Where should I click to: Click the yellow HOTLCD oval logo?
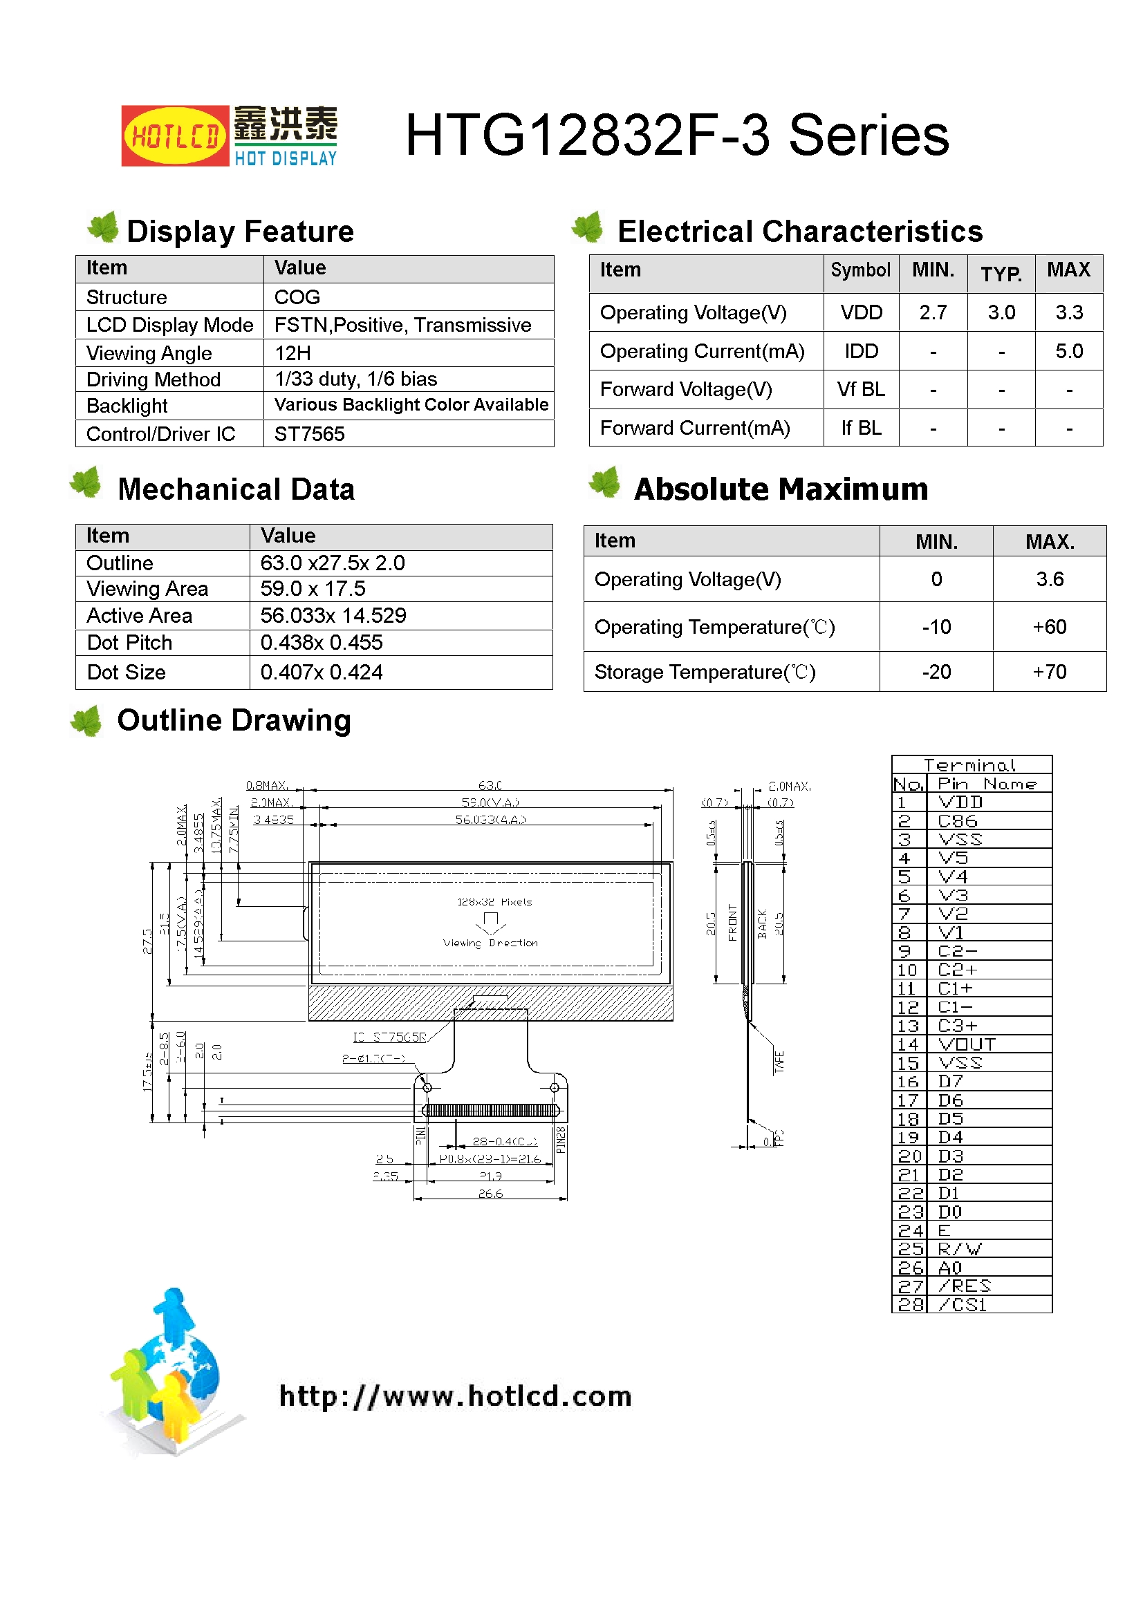pyautogui.click(x=175, y=135)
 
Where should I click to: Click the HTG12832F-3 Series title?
pyautogui.click(x=676, y=135)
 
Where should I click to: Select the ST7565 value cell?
pyautogui.click(x=310, y=434)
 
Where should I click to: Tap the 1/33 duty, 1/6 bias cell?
pyautogui.click(x=355, y=379)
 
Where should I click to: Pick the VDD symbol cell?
pyautogui.click(x=861, y=312)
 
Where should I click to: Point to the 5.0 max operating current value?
pyautogui.click(x=1068, y=351)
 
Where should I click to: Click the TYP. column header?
pyautogui.click(x=1001, y=273)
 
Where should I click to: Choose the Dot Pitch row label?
pyautogui.click(x=129, y=643)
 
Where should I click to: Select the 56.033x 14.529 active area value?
pyautogui.click(x=333, y=616)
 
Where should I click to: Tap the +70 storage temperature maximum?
pyautogui.click(x=1049, y=672)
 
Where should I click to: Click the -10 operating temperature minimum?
pyautogui.click(x=936, y=627)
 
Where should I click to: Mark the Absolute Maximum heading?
pyautogui.click(x=780, y=489)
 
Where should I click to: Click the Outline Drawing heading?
pyautogui.click(x=234, y=721)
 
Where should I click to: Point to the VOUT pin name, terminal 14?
pyautogui.click(x=966, y=1044)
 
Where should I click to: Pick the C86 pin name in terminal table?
pyautogui.click(x=958, y=821)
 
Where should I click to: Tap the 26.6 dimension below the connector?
pyautogui.click(x=490, y=1194)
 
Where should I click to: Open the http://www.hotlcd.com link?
pyautogui.click(x=455, y=1396)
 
